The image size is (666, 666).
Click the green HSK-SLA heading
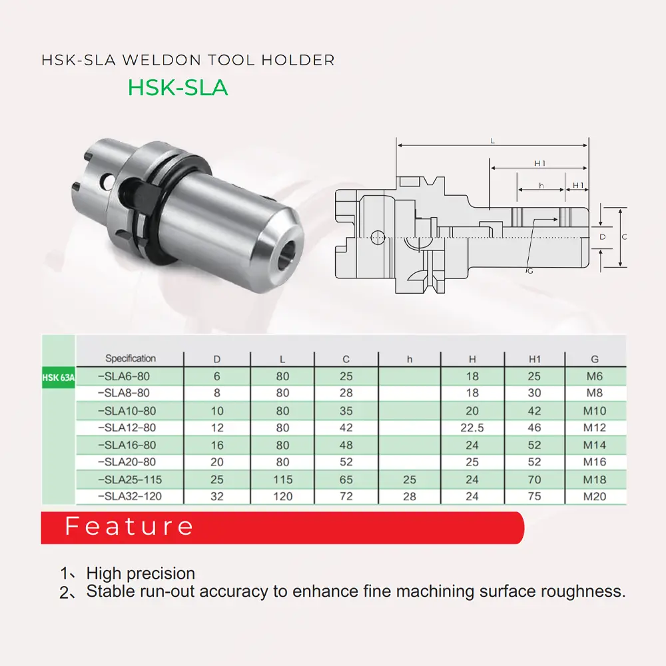[178, 87]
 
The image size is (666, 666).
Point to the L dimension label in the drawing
[492, 141]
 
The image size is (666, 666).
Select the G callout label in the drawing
[530, 271]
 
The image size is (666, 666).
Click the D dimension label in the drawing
[602, 236]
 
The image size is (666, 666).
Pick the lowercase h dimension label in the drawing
[541, 185]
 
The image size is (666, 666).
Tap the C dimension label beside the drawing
[624, 236]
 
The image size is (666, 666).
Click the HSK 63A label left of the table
[59, 377]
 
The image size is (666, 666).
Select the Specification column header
[131, 358]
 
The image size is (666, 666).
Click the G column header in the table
[594, 359]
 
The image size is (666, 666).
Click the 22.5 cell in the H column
[472, 428]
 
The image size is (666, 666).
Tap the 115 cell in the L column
[282, 480]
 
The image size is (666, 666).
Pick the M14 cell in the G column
[594, 445]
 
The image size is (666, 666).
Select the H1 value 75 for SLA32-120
[534, 496]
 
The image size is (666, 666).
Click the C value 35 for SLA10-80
[346, 410]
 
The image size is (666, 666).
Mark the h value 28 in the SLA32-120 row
[409, 496]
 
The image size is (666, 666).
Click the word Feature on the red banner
[129, 527]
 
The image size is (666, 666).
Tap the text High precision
[141, 573]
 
